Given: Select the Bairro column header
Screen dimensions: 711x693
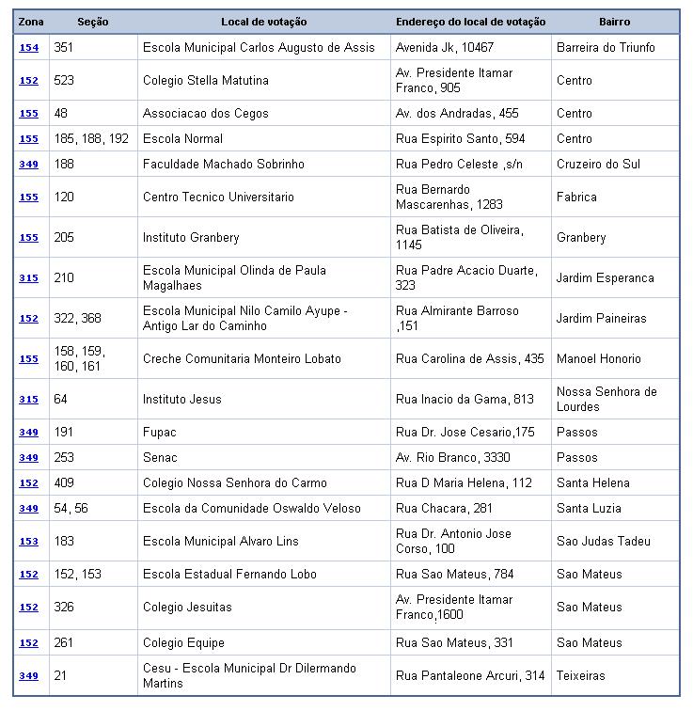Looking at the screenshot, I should (614, 22).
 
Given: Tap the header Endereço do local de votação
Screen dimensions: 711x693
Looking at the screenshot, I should (470, 22).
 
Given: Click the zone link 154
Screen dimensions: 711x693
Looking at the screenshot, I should (29, 47).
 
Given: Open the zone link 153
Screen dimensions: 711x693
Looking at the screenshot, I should (29, 542).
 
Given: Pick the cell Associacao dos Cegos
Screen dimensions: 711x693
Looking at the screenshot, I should (206, 113).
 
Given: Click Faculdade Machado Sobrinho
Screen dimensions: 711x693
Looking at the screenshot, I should (224, 164).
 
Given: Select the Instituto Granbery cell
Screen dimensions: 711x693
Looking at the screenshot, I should (191, 237).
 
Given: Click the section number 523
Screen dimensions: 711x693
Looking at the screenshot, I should (64, 80).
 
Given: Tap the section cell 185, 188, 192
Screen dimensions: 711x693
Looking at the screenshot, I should (91, 138).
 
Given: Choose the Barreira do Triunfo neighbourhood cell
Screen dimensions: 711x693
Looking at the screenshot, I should (606, 47).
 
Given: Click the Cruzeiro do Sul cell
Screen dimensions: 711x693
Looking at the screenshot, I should (598, 164).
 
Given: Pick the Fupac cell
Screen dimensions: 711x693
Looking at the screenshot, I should (160, 432).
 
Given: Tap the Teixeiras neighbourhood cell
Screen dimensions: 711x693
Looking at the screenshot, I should (581, 675).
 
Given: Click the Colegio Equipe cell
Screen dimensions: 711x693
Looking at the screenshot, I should (183, 642).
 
